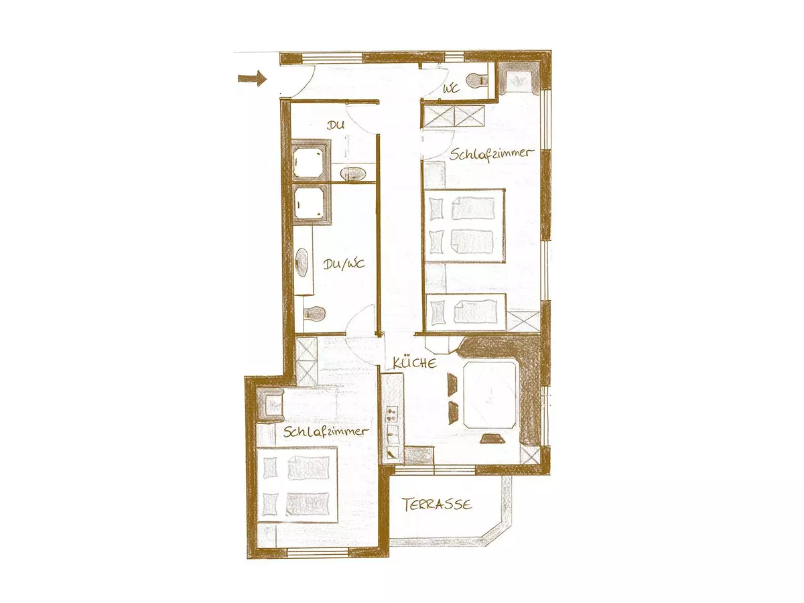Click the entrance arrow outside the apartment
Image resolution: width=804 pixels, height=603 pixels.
coord(252,78)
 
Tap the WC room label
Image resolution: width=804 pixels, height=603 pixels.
coord(451,88)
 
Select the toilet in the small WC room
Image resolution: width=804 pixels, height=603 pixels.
coord(477,80)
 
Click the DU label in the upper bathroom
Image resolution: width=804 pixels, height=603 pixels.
coord(336,125)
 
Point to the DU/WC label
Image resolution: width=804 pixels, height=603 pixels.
coord(344,264)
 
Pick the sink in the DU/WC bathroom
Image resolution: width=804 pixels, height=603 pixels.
coord(301,263)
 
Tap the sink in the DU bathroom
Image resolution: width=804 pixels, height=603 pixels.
coord(353,174)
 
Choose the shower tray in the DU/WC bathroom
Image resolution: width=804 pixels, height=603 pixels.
coord(310,204)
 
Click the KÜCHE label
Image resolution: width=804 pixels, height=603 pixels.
coord(415,363)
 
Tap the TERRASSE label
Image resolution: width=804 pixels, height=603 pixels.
coord(437,505)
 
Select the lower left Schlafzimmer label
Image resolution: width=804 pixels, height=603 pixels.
coord(325,431)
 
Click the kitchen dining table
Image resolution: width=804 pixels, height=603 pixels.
coord(490,395)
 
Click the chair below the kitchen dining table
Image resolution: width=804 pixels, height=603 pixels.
coord(492,438)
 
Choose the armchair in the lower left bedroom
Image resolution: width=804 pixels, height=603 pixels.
coord(270,405)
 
